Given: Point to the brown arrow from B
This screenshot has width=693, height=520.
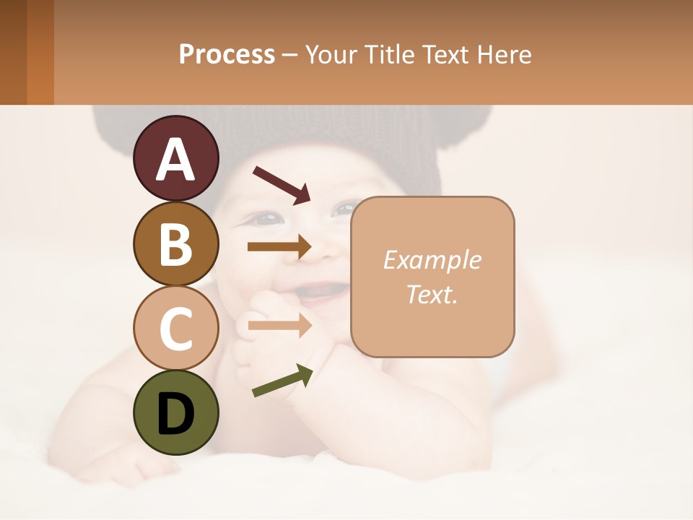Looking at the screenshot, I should (279, 247).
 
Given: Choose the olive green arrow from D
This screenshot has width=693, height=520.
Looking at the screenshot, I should (282, 381).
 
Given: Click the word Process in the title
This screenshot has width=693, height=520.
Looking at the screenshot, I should (227, 54).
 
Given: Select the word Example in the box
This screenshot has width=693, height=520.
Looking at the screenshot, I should (432, 260).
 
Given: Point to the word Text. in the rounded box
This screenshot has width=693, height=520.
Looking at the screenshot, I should (432, 294).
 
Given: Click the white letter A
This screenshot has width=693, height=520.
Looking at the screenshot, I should (175, 159).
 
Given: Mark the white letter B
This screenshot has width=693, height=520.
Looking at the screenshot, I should (175, 244).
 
